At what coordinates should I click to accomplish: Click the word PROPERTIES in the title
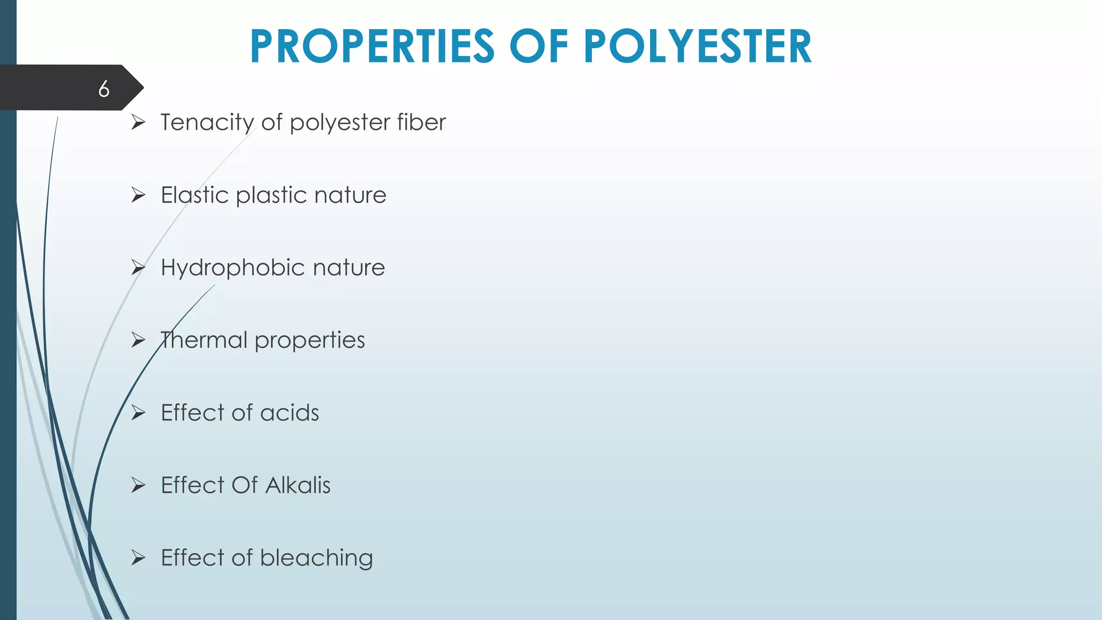pyautogui.click(x=372, y=47)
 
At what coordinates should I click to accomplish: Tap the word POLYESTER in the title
pyautogui.click(x=697, y=47)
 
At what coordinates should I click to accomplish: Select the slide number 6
pyautogui.click(x=104, y=89)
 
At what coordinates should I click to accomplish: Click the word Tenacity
pyautogui.click(x=207, y=123)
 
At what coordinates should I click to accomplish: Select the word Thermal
pyautogui.click(x=204, y=340)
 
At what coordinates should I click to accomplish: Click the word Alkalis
pyautogui.click(x=298, y=485)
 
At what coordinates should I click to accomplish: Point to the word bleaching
pyautogui.click(x=316, y=559)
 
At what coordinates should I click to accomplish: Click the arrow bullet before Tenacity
pyautogui.click(x=138, y=123)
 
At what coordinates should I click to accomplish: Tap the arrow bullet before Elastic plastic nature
pyautogui.click(x=138, y=195)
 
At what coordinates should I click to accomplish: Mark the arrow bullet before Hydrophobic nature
pyautogui.click(x=138, y=267)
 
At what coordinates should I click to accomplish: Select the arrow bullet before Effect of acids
pyautogui.click(x=138, y=413)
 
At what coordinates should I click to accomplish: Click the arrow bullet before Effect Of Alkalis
pyautogui.click(x=138, y=485)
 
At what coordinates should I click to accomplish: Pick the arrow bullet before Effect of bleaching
pyautogui.click(x=138, y=558)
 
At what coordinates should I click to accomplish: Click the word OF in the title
pyautogui.click(x=539, y=47)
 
